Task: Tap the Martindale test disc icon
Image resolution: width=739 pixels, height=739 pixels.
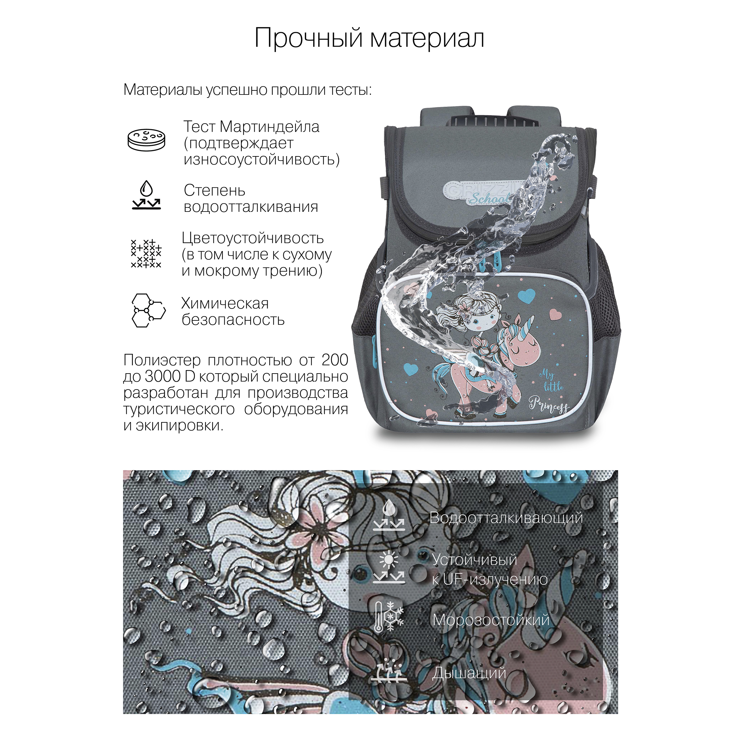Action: [147, 140]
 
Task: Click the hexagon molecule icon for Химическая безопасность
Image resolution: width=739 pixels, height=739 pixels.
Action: [148, 310]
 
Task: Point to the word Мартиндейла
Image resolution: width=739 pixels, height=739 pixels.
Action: [270, 127]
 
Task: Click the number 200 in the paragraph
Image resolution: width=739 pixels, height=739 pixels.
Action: [335, 360]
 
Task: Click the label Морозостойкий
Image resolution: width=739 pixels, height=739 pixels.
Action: [491, 620]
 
